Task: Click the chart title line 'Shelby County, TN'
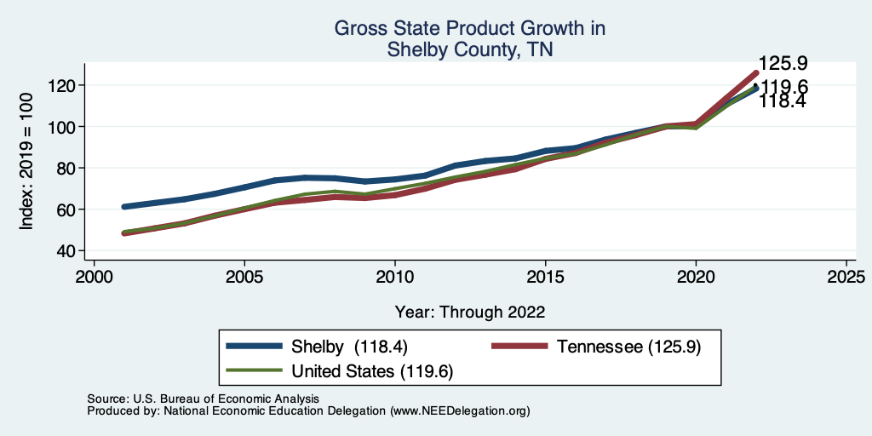470,49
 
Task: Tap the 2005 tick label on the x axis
244,278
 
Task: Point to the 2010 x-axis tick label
395,278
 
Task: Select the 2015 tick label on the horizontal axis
545,278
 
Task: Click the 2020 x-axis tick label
696,278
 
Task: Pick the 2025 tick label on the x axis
846,278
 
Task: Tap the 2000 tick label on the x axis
94,278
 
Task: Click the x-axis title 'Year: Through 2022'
470,312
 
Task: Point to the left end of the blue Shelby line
124,207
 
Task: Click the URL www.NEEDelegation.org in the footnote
460,411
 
